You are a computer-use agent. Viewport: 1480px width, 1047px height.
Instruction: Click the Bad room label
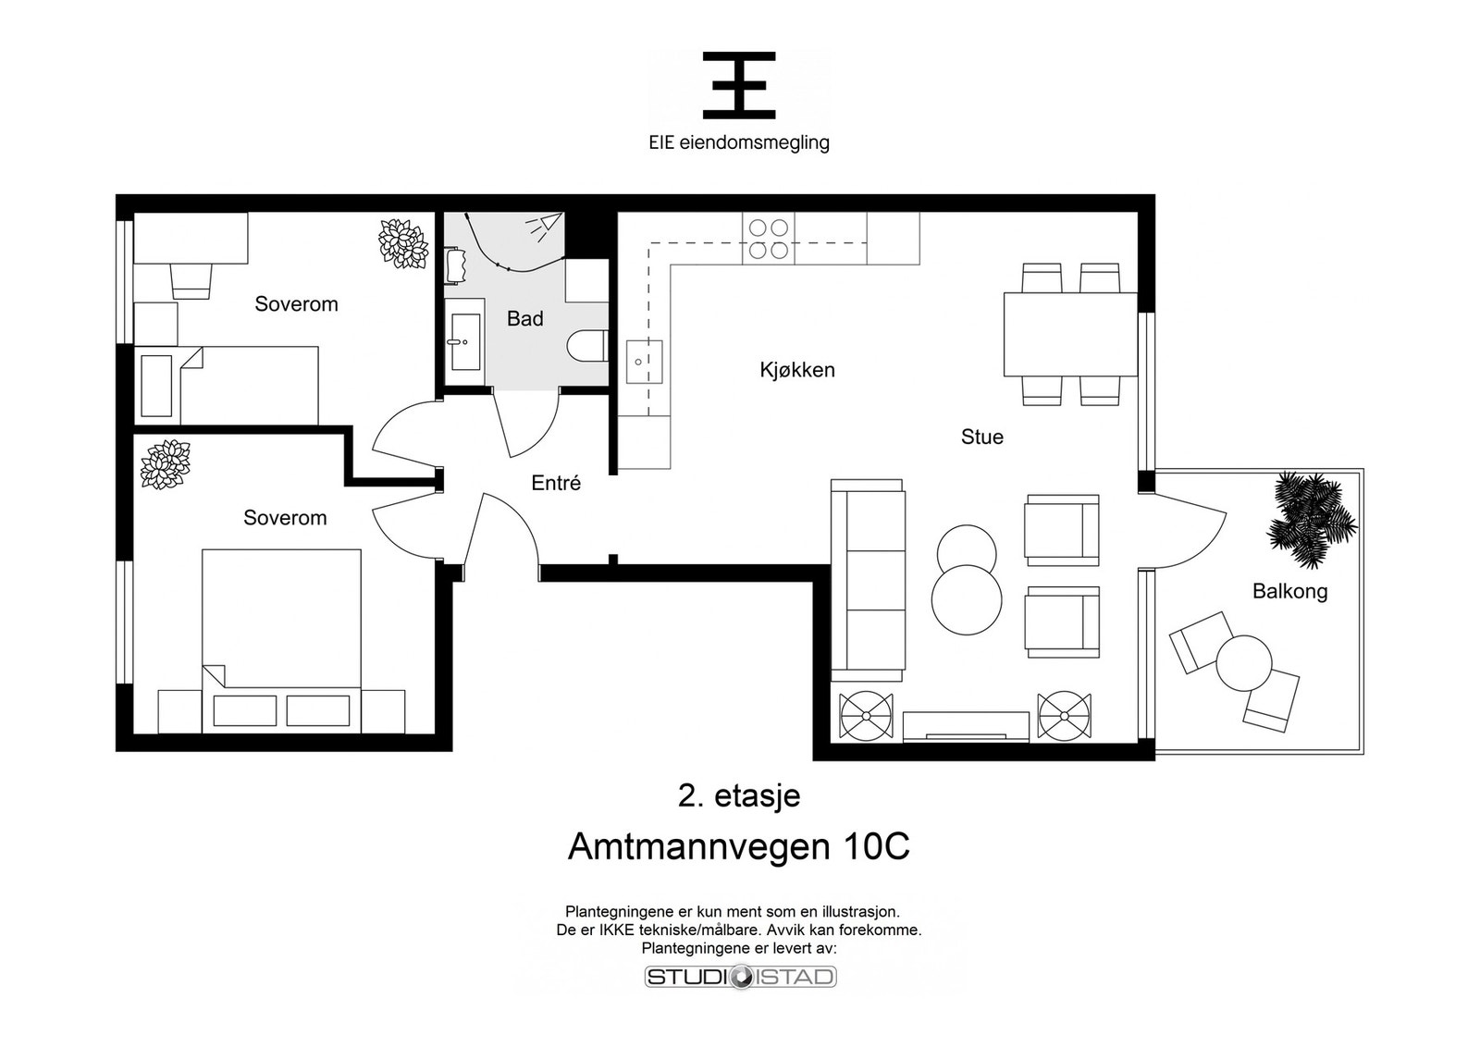(x=524, y=318)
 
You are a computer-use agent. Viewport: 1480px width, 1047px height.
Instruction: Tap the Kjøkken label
(x=796, y=369)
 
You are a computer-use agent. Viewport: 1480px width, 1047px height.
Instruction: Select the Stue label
(x=981, y=437)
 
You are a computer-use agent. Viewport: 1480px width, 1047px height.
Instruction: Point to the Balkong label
(x=1289, y=591)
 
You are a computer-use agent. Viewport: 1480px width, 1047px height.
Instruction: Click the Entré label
(x=556, y=483)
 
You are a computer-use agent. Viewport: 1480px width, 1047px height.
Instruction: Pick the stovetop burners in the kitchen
(x=769, y=239)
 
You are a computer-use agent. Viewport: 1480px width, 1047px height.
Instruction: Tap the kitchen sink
(x=644, y=362)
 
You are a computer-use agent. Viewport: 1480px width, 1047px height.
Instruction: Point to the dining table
(x=1069, y=334)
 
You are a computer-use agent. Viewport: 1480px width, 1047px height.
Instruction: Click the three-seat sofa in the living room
(x=867, y=580)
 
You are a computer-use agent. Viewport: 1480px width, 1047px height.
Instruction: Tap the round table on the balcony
(x=1244, y=662)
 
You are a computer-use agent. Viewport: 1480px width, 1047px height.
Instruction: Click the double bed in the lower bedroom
(x=281, y=641)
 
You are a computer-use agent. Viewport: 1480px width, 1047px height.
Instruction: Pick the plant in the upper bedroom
(x=402, y=243)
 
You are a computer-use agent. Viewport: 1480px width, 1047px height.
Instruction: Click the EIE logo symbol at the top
(x=739, y=85)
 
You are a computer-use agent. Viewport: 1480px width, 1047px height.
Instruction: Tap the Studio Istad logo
(x=741, y=977)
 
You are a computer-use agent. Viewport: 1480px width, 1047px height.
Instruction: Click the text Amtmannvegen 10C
(x=739, y=846)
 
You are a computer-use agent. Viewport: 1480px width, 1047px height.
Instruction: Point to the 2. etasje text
(x=739, y=796)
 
